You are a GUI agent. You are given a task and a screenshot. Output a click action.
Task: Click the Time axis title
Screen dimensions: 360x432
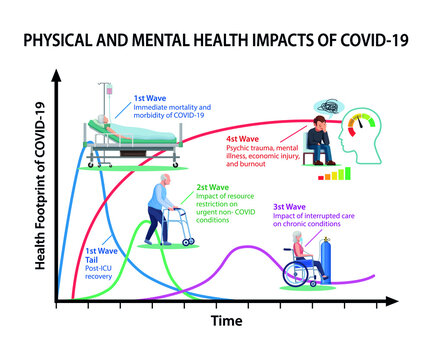[229, 321]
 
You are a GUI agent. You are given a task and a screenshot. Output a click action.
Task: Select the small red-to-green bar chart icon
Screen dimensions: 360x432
[336, 173]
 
